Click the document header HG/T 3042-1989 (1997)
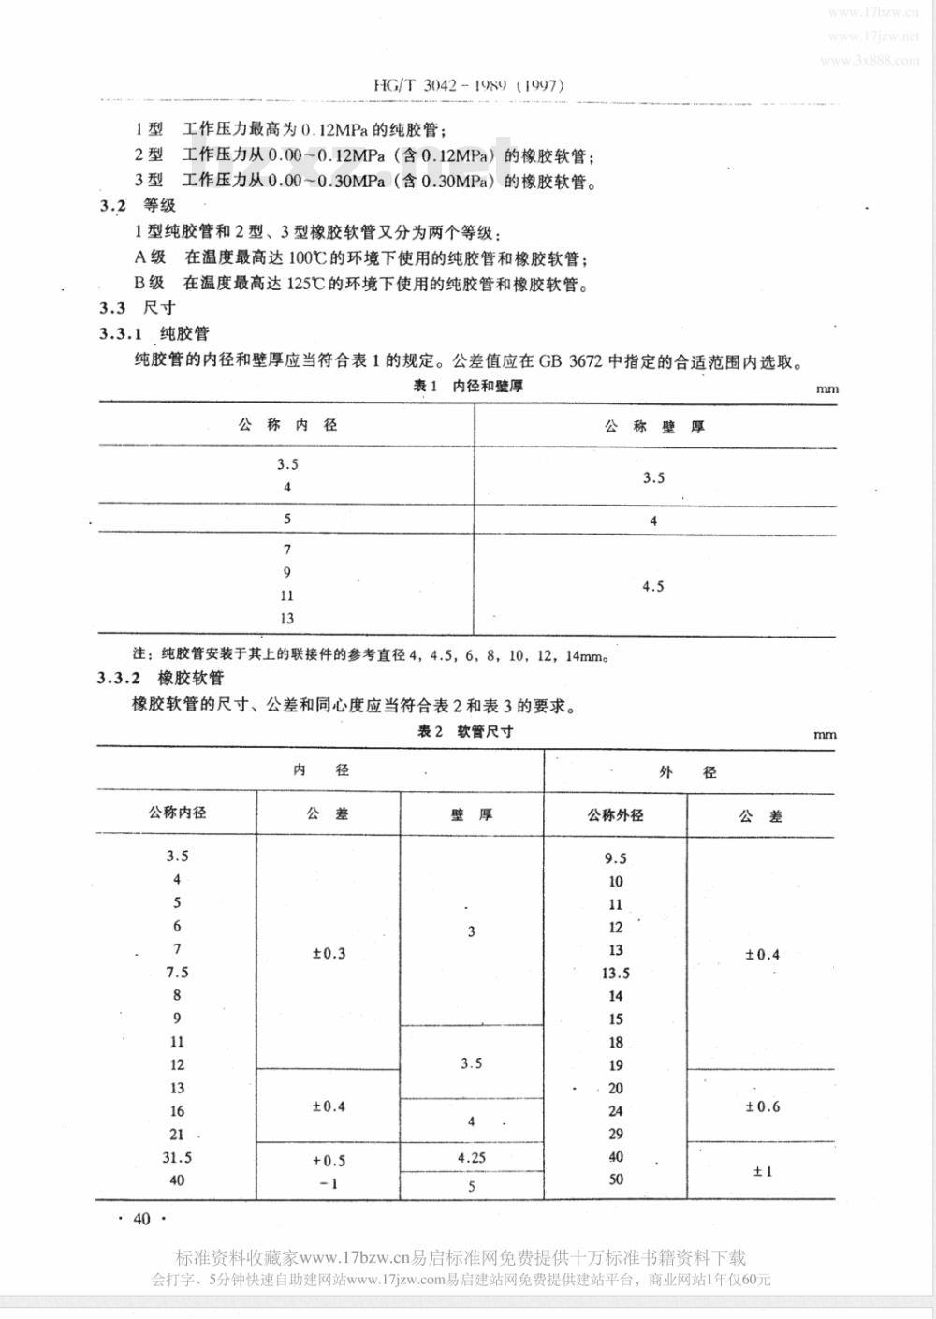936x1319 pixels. (x=466, y=84)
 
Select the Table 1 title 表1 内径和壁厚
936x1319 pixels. (x=469, y=387)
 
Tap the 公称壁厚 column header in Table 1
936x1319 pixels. (x=654, y=427)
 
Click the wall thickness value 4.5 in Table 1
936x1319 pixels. (x=653, y=587)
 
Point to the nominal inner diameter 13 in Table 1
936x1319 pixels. (x=286, y=618)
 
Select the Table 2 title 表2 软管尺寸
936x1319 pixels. (x=465, y=732)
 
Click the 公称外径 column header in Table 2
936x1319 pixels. (x=615, y=814)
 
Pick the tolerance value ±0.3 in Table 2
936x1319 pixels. (x=329, y=953)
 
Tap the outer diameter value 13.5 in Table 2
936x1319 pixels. (x=616, y=973)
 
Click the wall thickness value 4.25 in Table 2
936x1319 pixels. (x=472, y=1157)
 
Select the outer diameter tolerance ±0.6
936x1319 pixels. (x=762, y=1106)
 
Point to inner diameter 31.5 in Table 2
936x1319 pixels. (x=177, y=1157)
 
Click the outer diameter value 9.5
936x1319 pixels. (x=616, y=858)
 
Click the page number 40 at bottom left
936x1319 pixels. (x=142, y=1219)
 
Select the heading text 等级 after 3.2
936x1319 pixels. (x=159, y=205)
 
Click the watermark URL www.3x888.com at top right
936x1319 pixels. (x=870, y=60)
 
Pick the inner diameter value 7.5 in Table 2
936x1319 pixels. (x=177, y=972)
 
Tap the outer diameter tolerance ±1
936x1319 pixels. (x=762, y=1171)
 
